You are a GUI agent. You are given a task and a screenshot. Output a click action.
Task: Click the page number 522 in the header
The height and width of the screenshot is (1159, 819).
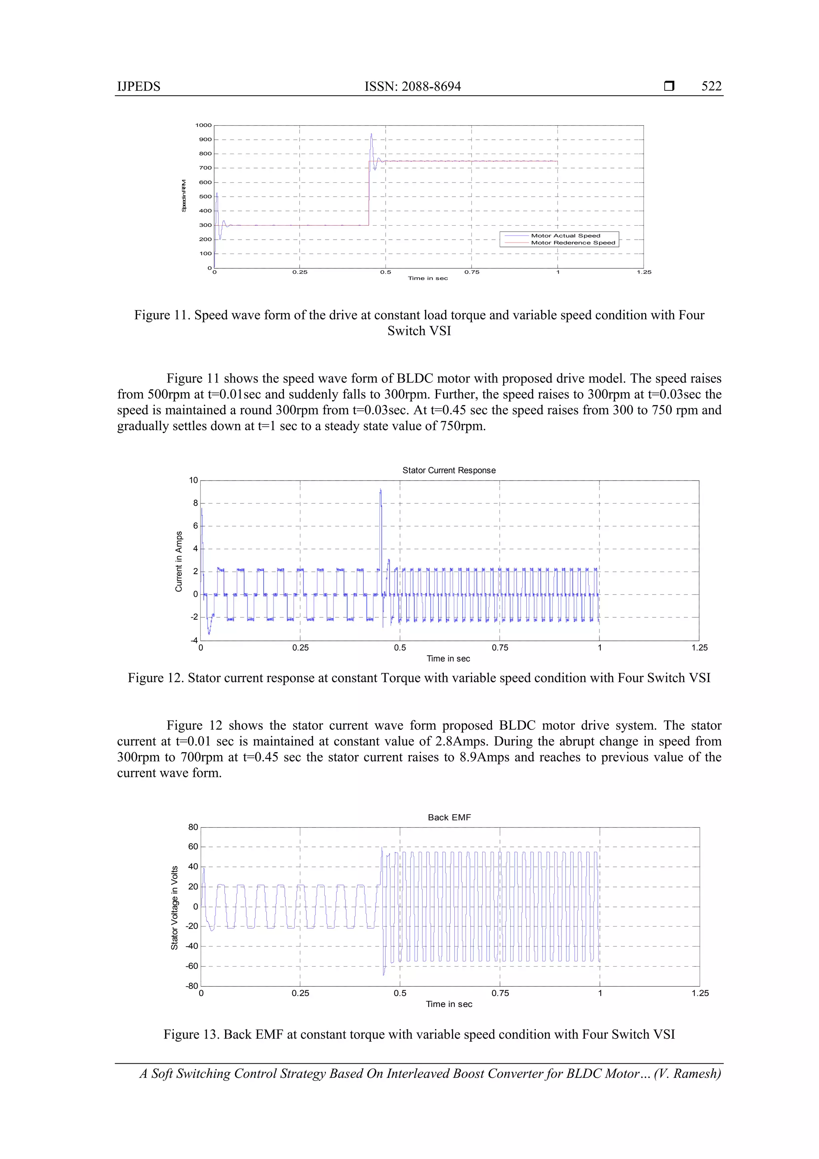[x=711, y=86]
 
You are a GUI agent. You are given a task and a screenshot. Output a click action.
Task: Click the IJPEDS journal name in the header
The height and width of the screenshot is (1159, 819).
[x=139, y=86]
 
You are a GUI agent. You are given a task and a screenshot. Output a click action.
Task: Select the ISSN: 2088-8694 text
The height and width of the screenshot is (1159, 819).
[x=412, y=86]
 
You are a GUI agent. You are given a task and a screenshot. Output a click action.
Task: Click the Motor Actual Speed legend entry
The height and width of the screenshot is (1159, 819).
[x=565, y=236]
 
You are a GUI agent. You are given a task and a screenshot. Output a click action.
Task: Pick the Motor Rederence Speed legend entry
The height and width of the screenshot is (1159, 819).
[x=573, y=243]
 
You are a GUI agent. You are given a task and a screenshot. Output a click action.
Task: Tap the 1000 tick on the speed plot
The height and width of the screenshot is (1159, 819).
[x=204, y=125]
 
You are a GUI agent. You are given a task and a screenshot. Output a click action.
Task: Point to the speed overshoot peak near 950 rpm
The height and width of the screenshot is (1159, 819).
[x=372, y=135]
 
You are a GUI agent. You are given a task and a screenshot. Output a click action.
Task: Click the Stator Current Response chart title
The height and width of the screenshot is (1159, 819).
[x=449, y=470]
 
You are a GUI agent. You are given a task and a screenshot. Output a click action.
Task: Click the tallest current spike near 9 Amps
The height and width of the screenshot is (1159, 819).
[x=380, y=490]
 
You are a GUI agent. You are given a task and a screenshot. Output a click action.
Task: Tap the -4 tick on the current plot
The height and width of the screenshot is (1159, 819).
[x=194, y=641]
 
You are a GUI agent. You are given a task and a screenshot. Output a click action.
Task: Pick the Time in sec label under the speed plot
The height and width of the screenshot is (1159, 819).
[x=427, y=278]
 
